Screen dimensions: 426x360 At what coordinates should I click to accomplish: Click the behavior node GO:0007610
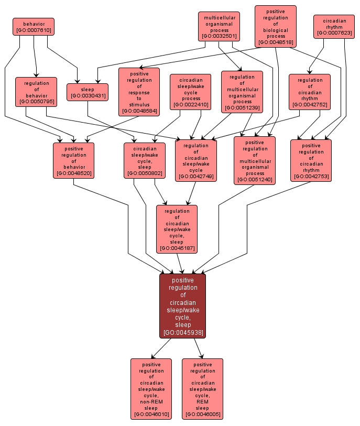tap(34, 27)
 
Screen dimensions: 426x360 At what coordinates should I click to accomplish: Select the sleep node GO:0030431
tap(88, 92)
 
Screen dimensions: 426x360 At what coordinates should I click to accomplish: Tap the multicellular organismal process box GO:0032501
tap(219, 27)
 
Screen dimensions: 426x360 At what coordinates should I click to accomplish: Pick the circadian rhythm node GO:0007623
tap(334, 27)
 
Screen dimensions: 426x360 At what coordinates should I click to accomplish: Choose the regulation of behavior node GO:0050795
tap(36, 92)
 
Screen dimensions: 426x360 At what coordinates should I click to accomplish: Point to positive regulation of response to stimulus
tap(139, 92)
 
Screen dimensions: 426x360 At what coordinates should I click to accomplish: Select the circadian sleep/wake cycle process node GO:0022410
tap(191, 92)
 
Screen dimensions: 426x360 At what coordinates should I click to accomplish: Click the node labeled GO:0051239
tap(242, 92)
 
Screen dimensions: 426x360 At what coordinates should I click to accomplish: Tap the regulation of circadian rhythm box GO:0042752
tap(310, 92)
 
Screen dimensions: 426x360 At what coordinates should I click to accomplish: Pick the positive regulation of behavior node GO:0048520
tap(73, 160)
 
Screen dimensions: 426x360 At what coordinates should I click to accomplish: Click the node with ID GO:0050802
tap(145, 160)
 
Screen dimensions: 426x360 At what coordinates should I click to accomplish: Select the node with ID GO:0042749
tap(196, 160)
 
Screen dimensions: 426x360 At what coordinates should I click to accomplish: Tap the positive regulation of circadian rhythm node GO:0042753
tap(311, 160)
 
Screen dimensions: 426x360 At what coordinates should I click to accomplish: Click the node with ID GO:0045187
tap(177, 229)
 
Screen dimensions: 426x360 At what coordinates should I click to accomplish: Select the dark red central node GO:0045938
tap(183, 306)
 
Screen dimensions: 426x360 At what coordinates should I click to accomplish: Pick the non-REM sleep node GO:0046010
tap(151, 389)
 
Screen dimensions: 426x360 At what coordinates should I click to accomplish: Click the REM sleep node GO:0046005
tap(202, 389)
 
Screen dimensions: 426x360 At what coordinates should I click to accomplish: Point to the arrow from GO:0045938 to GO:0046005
tap(198, 348)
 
